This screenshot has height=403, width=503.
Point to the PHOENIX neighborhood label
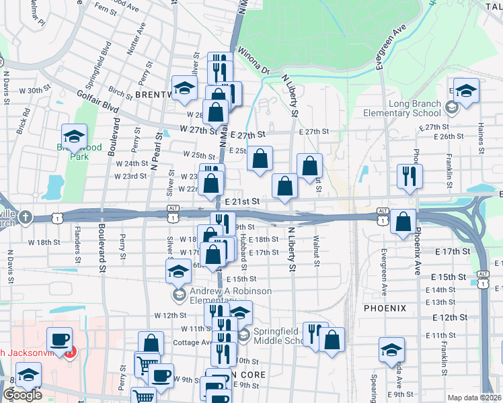[385, 308]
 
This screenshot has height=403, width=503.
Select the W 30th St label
[35, 89]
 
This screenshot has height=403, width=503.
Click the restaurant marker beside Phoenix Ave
[409, 177]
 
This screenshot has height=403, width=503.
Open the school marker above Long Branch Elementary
[465, 90]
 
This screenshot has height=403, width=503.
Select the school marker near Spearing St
[391, 350]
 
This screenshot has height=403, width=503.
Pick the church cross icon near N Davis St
[26, 217]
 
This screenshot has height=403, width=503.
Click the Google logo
[22, 395]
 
